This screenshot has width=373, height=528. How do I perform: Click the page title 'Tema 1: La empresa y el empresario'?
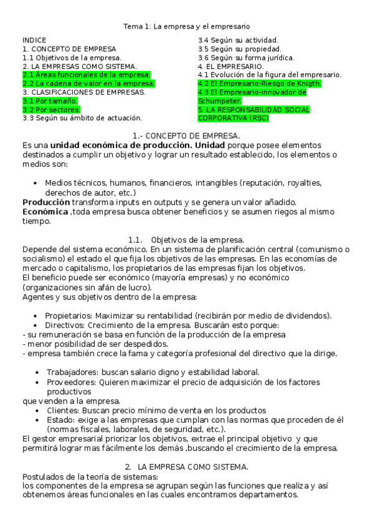pyautogui.click(x=186, y=27)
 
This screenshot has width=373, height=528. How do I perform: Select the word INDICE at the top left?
pyautogui.click(x=34, y=39)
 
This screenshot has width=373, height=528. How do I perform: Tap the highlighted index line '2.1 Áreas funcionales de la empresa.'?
pyautogui.click(x=87, y=75)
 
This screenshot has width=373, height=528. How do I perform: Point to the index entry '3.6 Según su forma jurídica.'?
pyautogui.click(x=246, y=57)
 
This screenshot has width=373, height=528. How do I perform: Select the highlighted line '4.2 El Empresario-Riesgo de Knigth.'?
pyautogui.click(x=259, y=83)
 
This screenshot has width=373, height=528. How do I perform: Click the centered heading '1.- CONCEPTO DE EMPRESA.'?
pyautogui.click(x=186, y=136)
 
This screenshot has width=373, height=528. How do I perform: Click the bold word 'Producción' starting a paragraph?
pyautogui.click(x=46, y=202)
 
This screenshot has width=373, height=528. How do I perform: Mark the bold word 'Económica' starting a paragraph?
pyautogui.click(x=45, y=212)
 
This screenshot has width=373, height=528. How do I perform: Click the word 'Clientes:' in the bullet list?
pyautogui.click(x=62, y=411)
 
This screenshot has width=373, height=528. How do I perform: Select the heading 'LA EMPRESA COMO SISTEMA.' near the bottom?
pyautogui.click(x=193, y=467)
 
